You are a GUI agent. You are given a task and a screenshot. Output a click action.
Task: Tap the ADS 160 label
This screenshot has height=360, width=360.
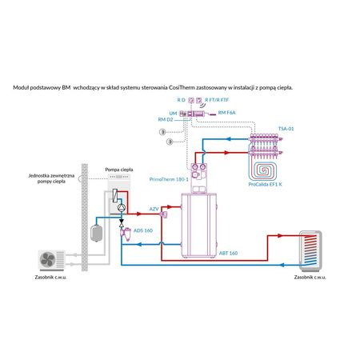(143, 230)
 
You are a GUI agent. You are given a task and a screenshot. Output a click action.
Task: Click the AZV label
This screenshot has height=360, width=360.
(154, 209)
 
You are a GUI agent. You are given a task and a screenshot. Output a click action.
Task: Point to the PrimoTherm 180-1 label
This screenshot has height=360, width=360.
(168, 180)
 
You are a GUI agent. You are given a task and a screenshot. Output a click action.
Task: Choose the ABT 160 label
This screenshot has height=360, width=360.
(227, 253)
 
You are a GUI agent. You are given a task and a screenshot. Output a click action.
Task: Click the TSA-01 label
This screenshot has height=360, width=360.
(286, 128)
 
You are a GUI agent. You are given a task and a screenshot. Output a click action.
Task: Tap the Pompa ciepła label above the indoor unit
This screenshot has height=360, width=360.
(119, 170)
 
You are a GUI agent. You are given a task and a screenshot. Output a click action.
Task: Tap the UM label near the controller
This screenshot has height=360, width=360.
(172, 113)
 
